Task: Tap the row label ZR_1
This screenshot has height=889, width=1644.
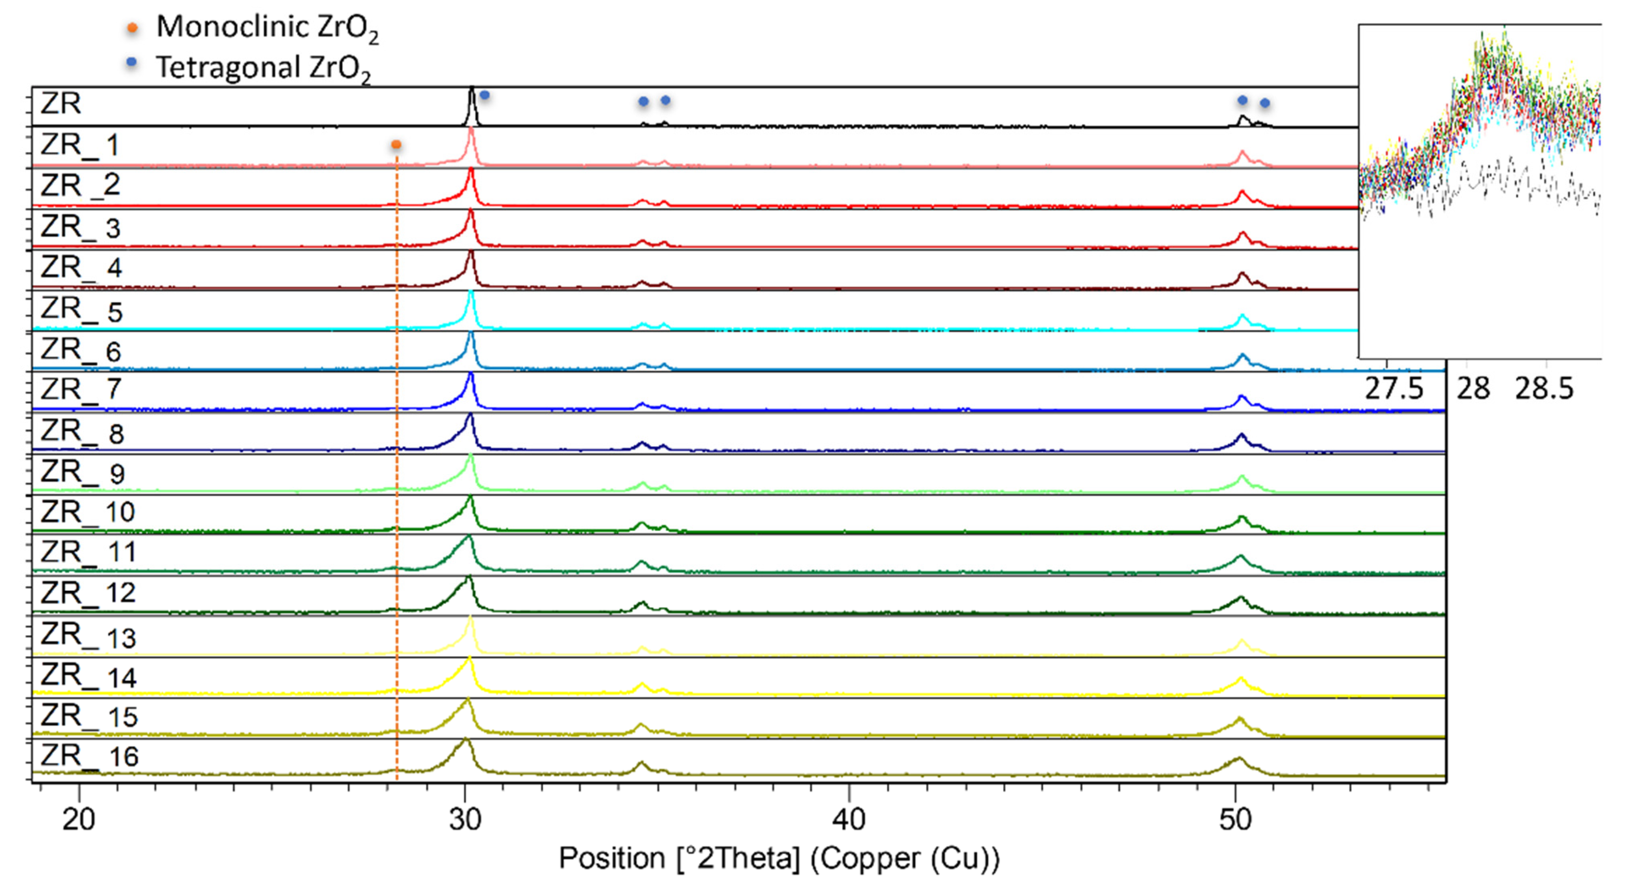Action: [80, 145]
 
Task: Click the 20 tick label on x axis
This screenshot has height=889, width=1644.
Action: [79, 819]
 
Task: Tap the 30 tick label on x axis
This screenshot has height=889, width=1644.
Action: [465, 819]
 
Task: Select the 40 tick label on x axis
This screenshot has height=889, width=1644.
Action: [849, 819]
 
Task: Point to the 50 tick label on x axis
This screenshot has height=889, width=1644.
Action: [1236, 819]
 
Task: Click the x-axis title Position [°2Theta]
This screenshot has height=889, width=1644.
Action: [779, 859]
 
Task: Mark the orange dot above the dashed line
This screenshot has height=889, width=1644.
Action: [396, 145]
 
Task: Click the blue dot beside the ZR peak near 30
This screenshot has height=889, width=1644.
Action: [484, 95]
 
